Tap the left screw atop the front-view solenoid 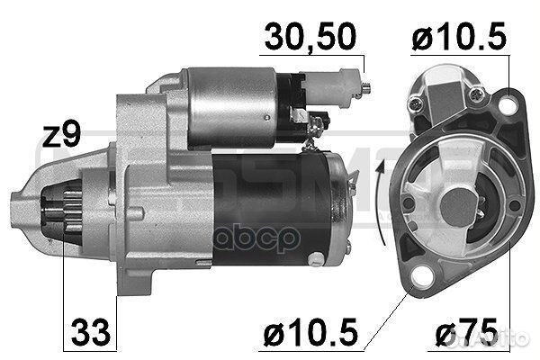(x=415, y=105)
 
